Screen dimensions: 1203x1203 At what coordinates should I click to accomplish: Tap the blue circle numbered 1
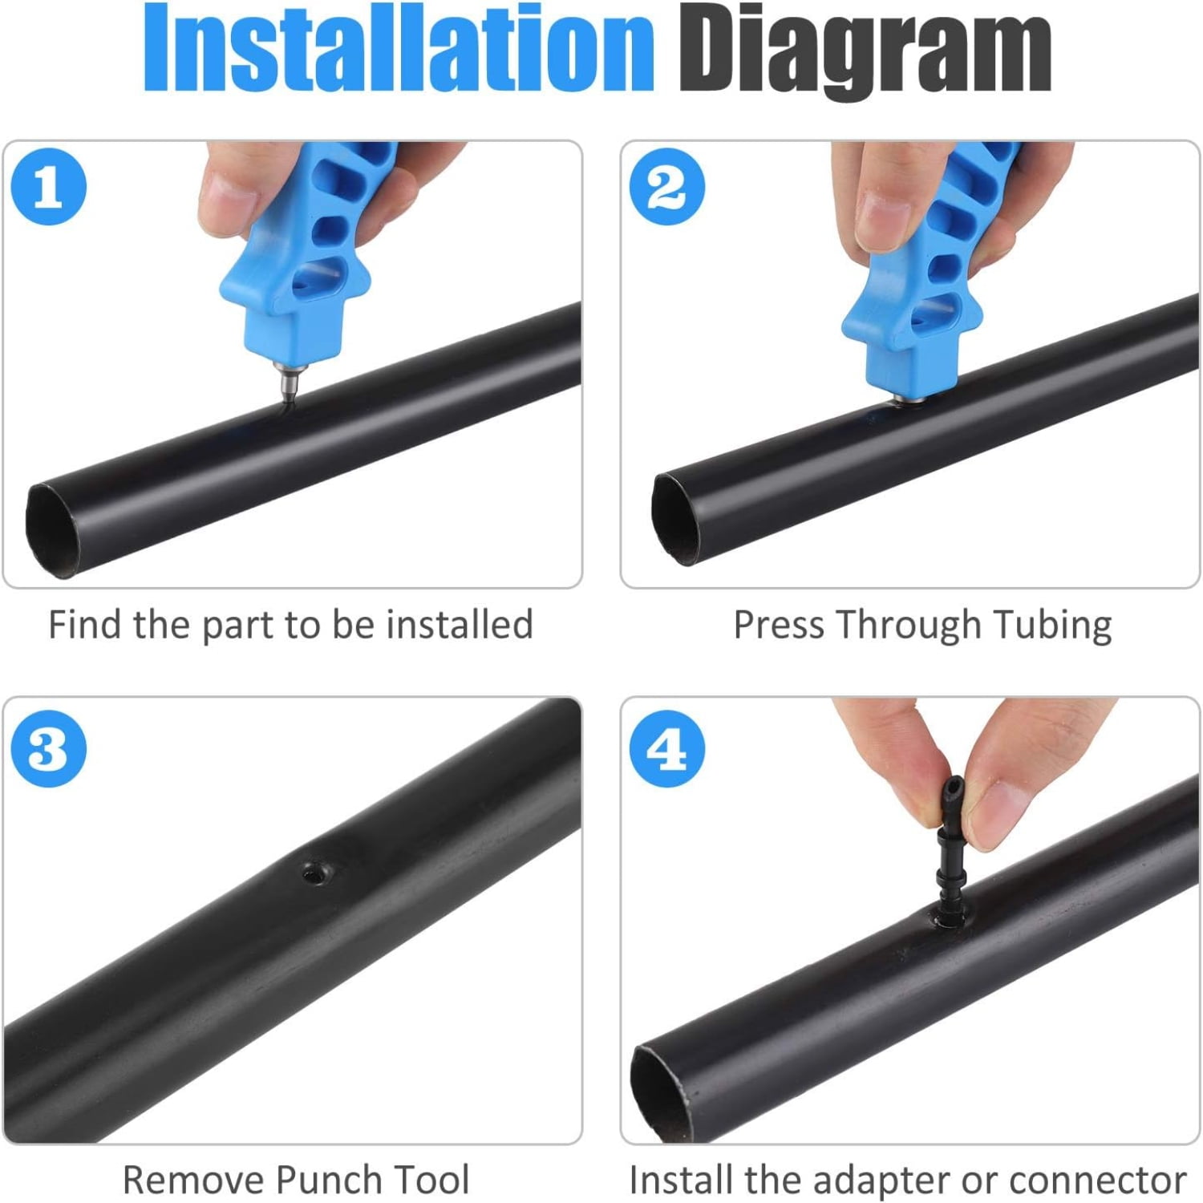tap(48, 187)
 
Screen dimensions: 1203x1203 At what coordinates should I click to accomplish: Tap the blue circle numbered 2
tap(666, 187)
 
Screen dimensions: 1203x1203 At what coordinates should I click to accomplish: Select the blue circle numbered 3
tap(48, 749)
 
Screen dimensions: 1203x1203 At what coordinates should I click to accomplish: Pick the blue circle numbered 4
tap(666, 749)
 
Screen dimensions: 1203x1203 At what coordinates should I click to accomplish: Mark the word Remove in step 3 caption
tap(192, 1180)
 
